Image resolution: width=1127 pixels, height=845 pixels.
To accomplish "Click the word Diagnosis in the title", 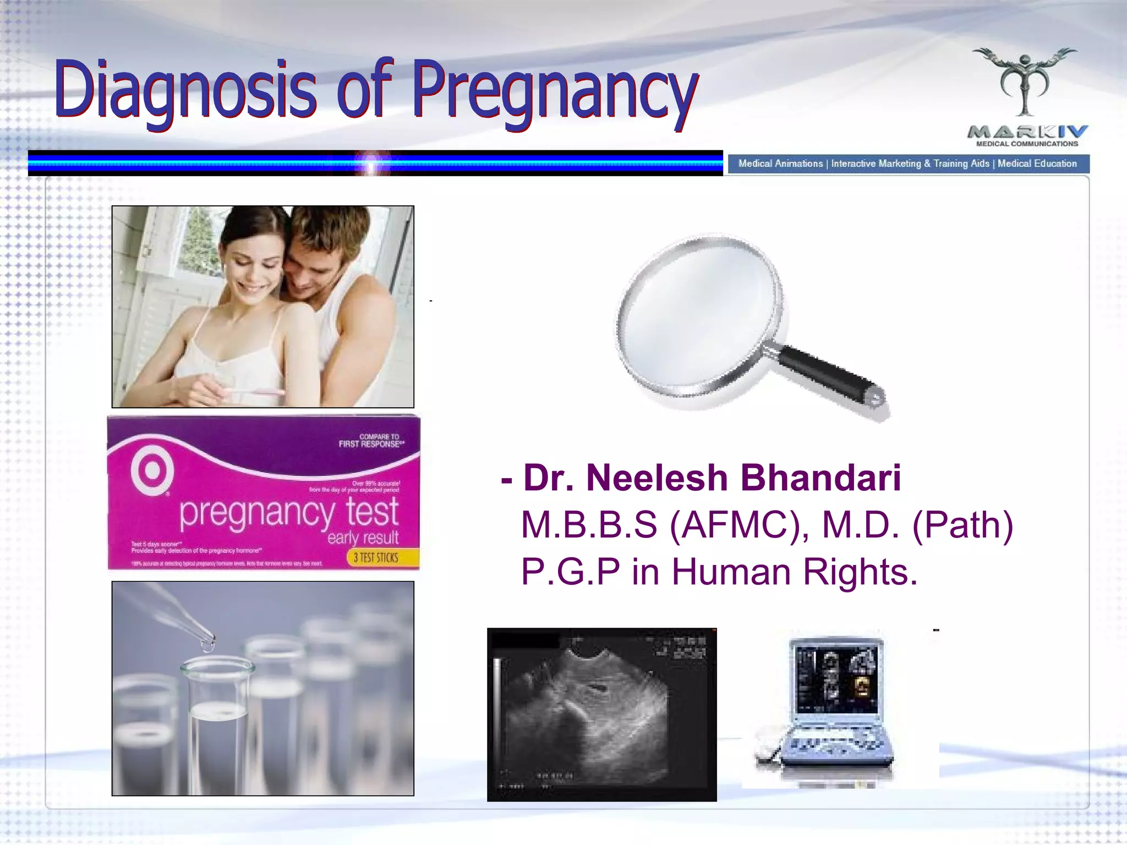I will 185,91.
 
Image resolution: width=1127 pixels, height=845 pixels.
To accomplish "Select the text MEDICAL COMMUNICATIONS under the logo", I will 1027,144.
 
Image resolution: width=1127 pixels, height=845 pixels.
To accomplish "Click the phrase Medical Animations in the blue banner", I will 780,164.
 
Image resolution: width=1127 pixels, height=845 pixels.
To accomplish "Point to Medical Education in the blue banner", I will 1037,164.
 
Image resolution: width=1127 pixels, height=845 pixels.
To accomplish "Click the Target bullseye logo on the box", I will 152,471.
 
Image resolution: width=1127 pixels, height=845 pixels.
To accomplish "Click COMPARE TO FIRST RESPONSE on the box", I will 371,441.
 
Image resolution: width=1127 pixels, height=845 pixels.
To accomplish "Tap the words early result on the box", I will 363,537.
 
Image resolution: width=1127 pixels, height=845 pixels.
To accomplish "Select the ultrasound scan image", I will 601,714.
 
